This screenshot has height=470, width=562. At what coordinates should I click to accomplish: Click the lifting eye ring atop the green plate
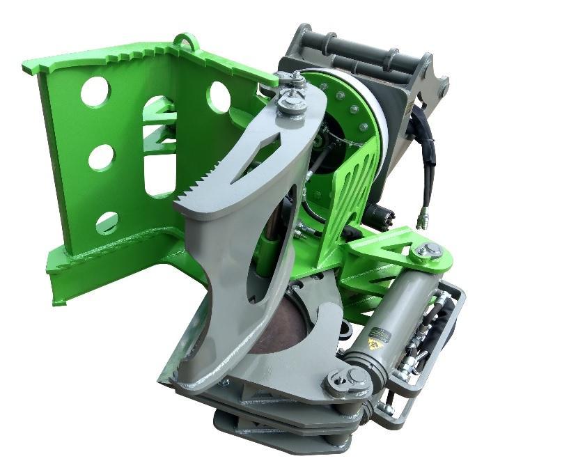coord(184,41)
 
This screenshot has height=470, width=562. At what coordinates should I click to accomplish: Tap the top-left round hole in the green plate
coord(95,91)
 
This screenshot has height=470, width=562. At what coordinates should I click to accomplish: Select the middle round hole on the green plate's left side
coord(102,157)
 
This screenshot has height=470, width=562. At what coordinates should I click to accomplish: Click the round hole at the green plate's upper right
coord(219,96)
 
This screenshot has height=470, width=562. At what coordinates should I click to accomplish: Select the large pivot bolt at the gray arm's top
coord(292,104)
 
